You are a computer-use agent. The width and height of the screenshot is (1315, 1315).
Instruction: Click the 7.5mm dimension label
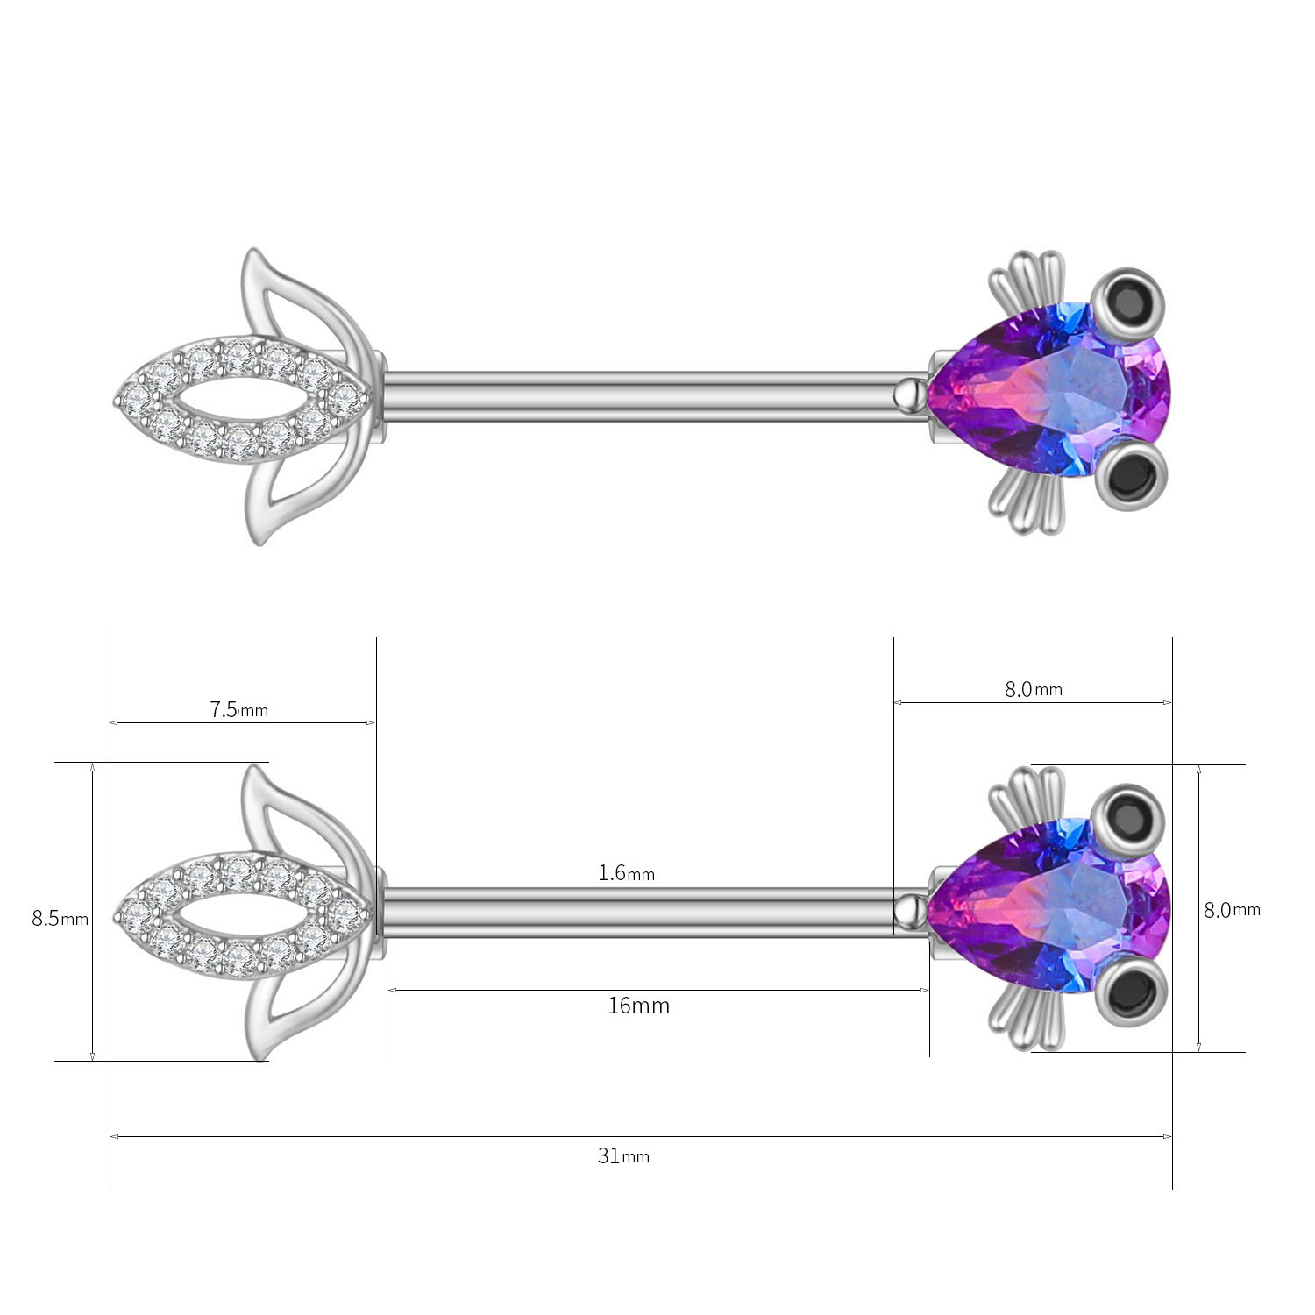click(x=239, y=709)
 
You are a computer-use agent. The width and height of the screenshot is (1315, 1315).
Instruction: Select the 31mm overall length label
click(x=623, y=1156)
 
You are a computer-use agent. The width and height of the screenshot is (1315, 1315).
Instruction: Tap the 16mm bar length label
click(x=638, y=1006)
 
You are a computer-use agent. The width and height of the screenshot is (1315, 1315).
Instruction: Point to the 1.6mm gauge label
click(x=626, y=873)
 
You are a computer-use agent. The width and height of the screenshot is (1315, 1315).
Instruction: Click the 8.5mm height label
click(x=60, y=919)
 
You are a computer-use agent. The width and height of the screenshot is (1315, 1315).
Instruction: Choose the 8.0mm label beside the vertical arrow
click(x=1232, y=910)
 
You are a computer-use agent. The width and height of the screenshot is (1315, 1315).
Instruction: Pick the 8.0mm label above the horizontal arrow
click(x=1034, y=689)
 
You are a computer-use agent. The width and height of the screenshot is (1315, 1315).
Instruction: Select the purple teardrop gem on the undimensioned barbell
click(x=1048, y=394)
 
